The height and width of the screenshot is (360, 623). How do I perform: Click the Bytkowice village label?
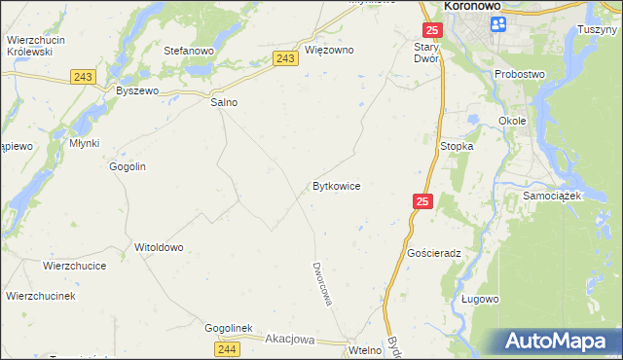click(x=337, y=185)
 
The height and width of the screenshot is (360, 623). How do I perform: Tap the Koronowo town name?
click(x=472, y=6)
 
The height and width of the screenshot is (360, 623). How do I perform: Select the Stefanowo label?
click(x=189, y=50)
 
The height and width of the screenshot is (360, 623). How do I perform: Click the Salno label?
click(x=224, y=101)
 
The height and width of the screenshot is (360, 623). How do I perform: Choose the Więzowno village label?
click(x=329, y=50)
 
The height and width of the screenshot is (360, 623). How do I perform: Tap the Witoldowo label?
click(x=159, y=247)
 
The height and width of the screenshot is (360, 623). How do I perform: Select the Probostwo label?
click(x=520, y=74)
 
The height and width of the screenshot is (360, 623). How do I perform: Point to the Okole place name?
click(x=512, y=121)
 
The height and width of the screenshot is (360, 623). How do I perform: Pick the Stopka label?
click(x=457, y=146)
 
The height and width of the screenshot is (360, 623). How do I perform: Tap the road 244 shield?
click(x=227, y=348)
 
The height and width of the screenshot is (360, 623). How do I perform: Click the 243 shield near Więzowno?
click(x=285, y=58)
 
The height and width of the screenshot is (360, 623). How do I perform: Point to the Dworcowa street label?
click(x=322, y=283)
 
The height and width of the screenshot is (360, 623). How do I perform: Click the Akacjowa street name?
click(x=290, y=340)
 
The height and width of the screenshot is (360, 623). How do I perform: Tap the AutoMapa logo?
click(x=559, y=342)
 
